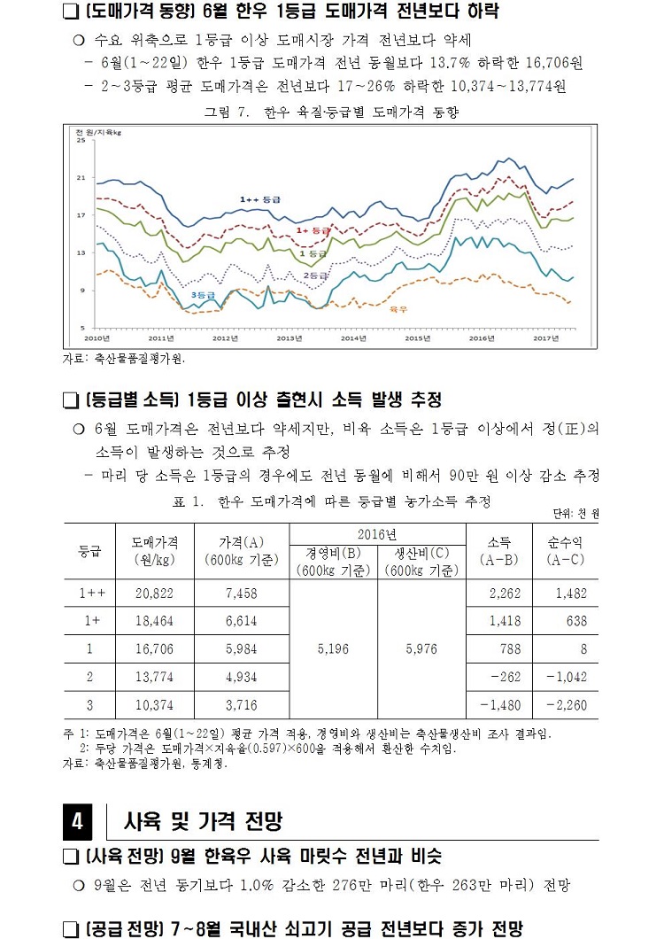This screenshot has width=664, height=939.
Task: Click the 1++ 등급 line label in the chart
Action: pos(260,200)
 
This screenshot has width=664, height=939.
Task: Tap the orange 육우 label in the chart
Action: pos(398,309)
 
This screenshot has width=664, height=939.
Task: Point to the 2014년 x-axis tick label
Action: pos(353,338)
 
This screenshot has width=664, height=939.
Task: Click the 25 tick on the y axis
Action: pos(81,140)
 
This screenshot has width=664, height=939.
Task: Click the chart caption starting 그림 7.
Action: pos(331,113)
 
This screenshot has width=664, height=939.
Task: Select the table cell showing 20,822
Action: pos(156,594)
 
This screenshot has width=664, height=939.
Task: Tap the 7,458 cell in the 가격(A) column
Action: pos(242,594)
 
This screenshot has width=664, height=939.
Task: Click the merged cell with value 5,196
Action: pos(334,649)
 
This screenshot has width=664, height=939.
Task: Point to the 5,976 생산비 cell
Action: pos(421,649)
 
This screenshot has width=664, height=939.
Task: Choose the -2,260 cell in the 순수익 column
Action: pos(565,705)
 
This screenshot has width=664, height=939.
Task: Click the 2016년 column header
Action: pos(377,534)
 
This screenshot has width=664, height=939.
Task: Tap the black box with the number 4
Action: pos(77,822)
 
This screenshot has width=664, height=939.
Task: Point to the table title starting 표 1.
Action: pos(331,502)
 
